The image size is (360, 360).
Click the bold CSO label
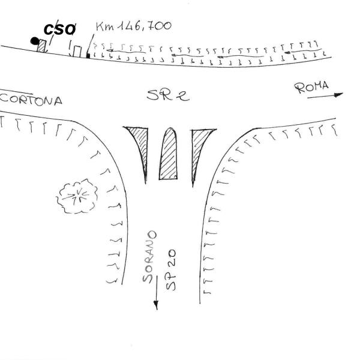tap(61, 29)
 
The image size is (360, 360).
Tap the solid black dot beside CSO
tap(35, 41)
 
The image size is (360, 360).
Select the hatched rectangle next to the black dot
tap(42, 46)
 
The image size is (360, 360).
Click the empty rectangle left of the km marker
tap(77, 50)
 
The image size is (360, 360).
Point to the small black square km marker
tap(88, 55)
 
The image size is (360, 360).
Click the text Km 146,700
tap(133, 26)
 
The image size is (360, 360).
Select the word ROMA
tap(312, 88)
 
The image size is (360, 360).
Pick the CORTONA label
tap(31, 100)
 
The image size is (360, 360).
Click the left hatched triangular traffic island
tap(139, 145)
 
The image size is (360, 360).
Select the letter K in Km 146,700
tap(100, 27)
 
